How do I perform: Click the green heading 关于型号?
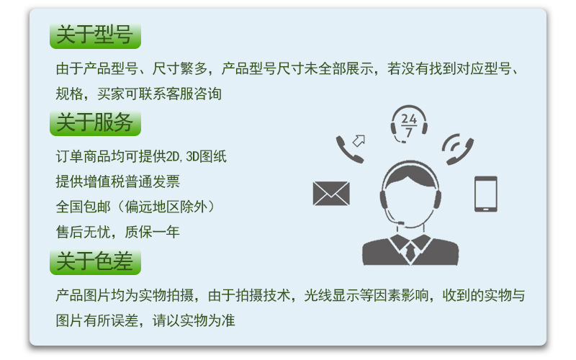click(95, 35)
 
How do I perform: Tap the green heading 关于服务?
click(95, 123)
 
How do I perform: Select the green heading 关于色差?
click(95, 261)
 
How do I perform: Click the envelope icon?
click(331, 193)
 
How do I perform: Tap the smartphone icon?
click(485, 194)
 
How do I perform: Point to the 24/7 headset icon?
click(409, 124)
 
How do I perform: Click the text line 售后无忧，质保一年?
click(117, 232)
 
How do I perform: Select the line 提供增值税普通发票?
click(117, 181)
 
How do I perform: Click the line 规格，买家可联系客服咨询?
click(138, 94)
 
